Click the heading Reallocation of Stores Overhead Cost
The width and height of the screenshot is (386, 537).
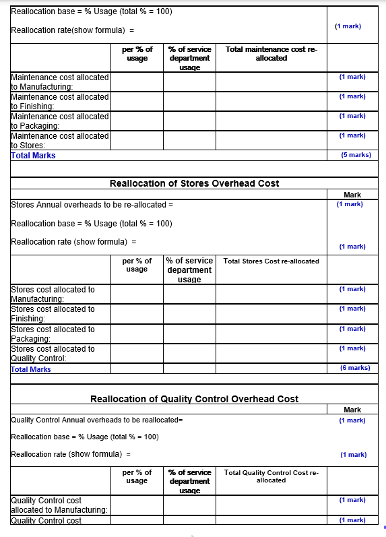pos(194,183)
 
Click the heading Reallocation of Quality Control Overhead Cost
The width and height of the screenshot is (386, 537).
pos(194,399)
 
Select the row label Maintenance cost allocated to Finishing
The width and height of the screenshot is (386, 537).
pos(59,101)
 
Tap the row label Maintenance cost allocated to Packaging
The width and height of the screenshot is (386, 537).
pos(59,121)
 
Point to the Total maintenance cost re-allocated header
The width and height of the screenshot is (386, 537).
pos(271,54)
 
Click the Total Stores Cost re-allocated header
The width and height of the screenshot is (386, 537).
pos(271,261)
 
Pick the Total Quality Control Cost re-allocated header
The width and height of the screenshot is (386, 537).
pos(271,476)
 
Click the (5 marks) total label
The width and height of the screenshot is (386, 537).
pos(356,155)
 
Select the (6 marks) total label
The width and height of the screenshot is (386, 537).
pos(355,368)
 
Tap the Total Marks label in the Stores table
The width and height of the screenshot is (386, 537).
pos(31,369)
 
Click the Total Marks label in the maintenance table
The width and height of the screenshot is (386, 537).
pos(33,156)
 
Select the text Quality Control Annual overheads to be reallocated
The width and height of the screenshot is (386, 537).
pos(97,420)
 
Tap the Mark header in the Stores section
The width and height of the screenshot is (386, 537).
pos(352,195)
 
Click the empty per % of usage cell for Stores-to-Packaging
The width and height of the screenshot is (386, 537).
pos(137,334)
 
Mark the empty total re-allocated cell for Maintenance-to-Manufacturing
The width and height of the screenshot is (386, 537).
pos(271,82)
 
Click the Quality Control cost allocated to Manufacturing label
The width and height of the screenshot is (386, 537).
pos(59,505)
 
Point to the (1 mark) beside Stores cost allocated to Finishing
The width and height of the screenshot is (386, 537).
pos(352,309)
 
